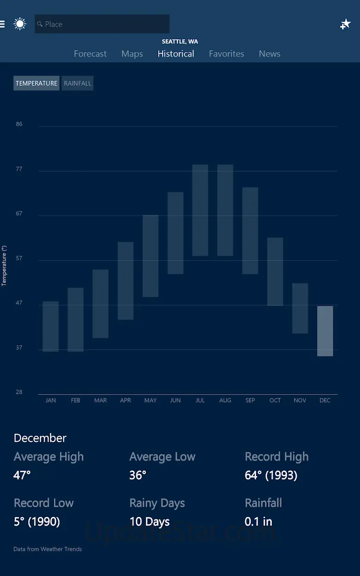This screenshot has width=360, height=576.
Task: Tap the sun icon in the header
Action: [x=20, y=24]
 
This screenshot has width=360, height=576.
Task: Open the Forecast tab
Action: [x=90, y=54]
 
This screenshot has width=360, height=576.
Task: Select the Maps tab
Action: [x=132, y=54]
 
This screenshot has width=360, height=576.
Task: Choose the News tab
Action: [x=270, y=54]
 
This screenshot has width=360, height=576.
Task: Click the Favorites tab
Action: [x=226, y=54]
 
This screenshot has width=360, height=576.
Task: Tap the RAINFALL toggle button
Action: [x=78, y=83]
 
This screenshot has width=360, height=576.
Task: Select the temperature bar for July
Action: [x=200, y=210]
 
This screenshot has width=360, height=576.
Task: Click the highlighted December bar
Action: [x=325, y=331]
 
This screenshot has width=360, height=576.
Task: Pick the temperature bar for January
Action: [x=50, y=326]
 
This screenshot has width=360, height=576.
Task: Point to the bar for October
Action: [x=275, y=271]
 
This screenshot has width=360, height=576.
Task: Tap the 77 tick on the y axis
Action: [x=19, y=169]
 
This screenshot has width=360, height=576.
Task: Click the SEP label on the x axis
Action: [x=250, y=400]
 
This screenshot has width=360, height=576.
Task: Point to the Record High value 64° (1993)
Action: [x=271, y=475]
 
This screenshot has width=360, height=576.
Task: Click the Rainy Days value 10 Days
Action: [x=150, y=522]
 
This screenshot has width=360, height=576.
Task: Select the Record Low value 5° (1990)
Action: [x=37, y=522]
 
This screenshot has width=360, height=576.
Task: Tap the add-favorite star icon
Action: [x=345, y=24]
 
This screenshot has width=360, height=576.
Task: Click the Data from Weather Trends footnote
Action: [x=48, y=549]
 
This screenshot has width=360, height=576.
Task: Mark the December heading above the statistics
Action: [x=40, y=438]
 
